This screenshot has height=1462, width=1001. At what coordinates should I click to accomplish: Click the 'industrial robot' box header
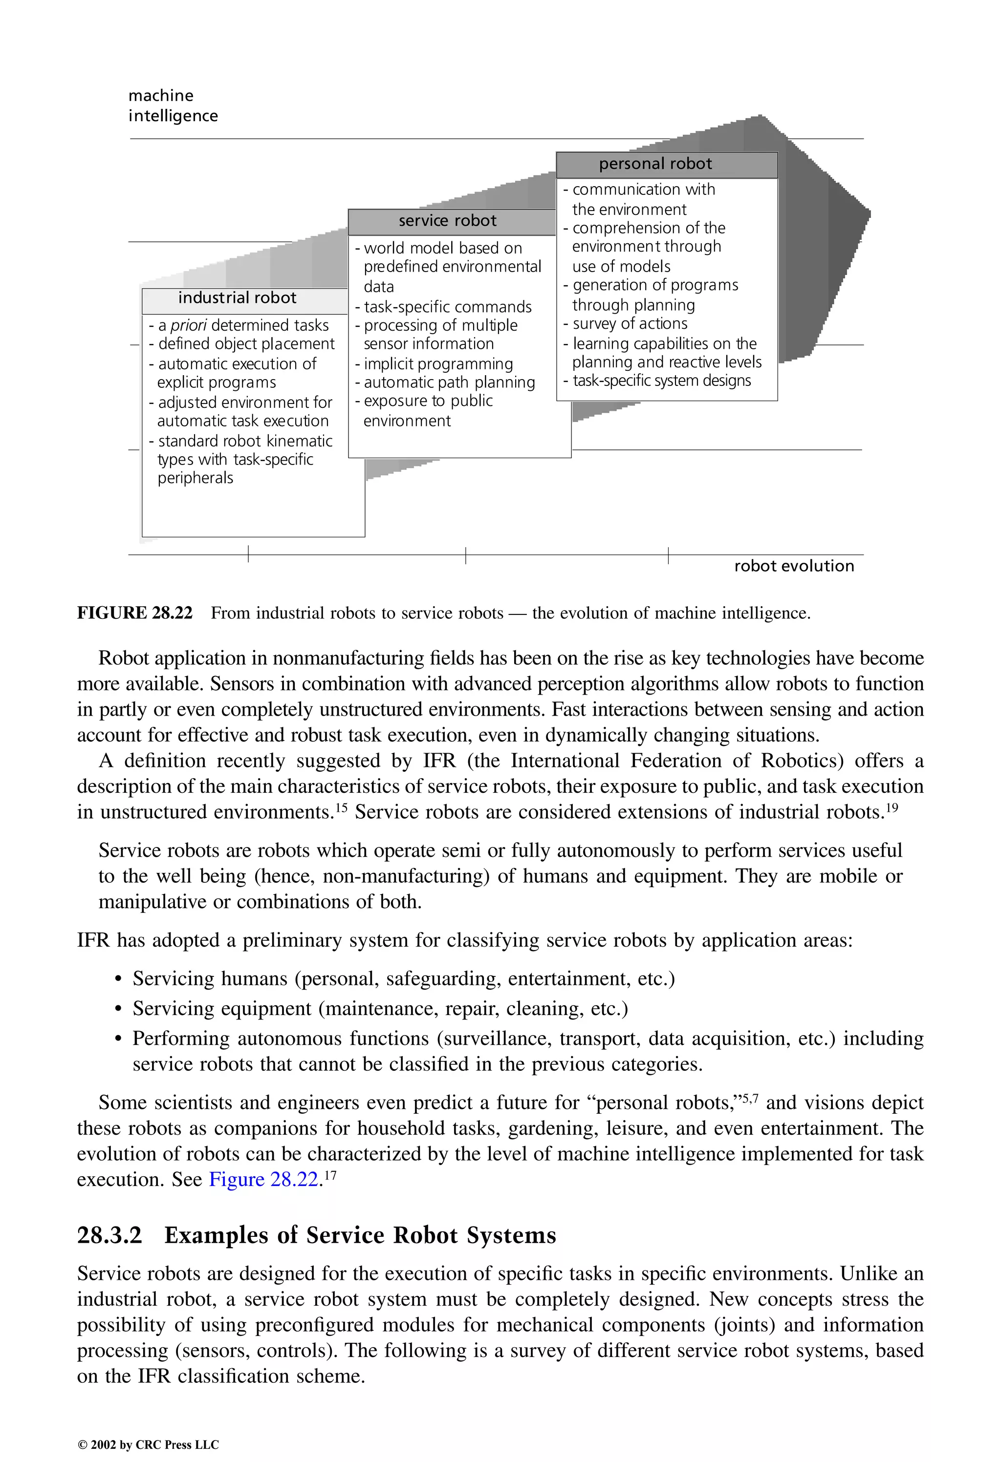pos(238,298)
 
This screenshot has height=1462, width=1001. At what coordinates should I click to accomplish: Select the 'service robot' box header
pos(448,221)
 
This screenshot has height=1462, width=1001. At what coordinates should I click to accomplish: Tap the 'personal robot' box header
pos(655,164)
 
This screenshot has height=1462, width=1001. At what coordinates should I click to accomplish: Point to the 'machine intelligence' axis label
pos(173,106)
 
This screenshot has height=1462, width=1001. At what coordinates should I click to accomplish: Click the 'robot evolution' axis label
pos(794,566)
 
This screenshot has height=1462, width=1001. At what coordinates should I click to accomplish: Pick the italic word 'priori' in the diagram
pos(189,325)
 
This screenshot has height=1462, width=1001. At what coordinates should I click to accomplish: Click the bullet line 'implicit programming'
pos(438,364)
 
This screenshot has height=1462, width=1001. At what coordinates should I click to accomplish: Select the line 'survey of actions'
pos(630,324)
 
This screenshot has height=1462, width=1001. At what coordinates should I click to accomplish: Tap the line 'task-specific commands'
pos(447,307)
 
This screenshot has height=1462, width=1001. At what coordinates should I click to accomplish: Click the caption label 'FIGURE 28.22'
pos(135,614)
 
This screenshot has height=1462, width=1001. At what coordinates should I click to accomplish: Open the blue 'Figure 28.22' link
pos(264,1180)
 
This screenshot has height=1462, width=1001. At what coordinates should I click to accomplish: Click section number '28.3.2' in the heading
pos(109,1235)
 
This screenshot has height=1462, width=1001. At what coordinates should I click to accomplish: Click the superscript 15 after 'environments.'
pos(341,807)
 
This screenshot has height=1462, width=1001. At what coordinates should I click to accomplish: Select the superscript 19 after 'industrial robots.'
pos(892,807)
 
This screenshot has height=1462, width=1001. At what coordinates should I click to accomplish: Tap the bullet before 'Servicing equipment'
pos(118,1010)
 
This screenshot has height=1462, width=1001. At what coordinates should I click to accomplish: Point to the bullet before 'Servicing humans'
pos(118,980)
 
